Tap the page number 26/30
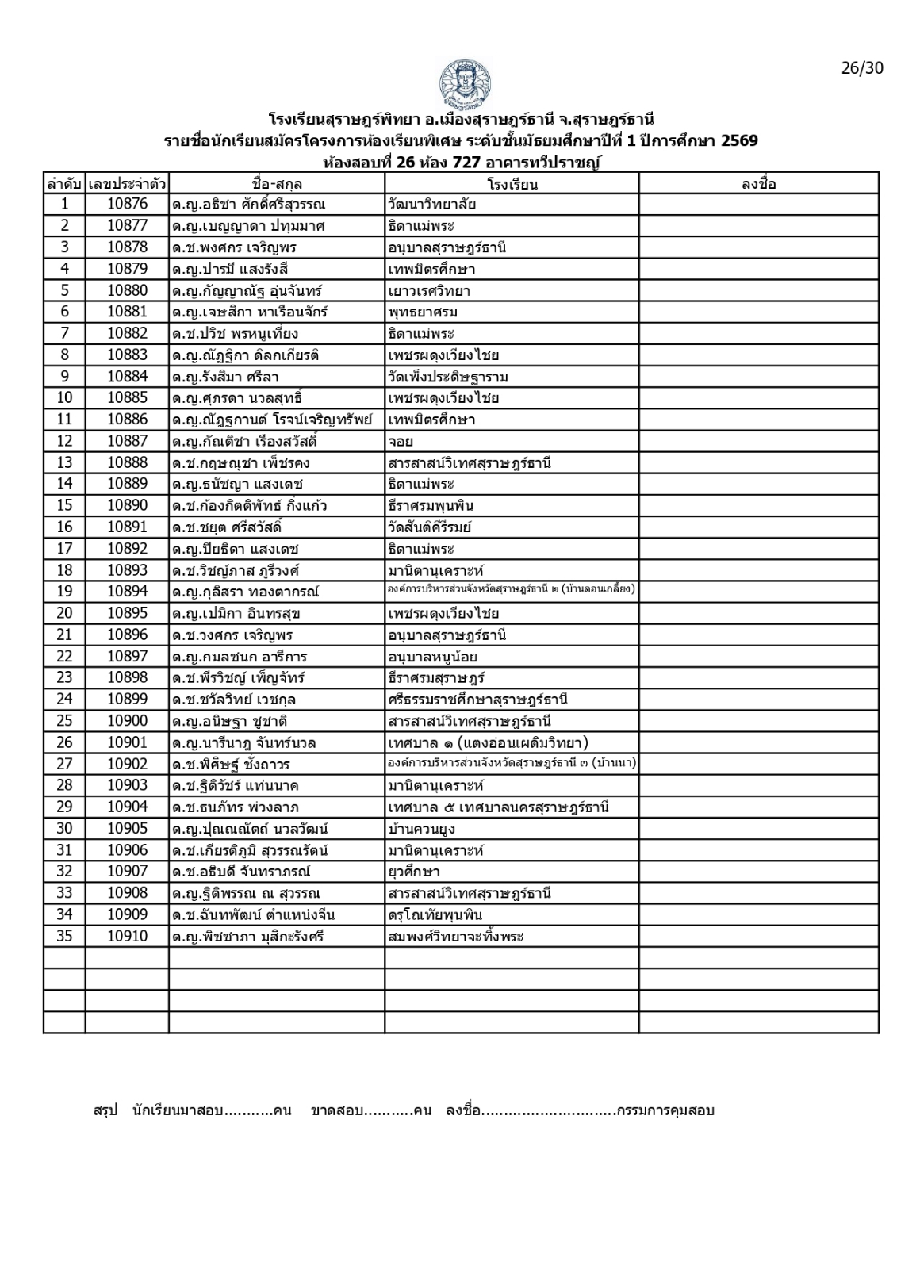click(861, 67)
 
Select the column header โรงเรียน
click(512, 184)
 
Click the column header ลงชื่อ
click(758, 184)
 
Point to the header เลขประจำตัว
click(127, 184)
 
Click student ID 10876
click(127, 205)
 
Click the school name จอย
click(401, 442)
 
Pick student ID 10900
click(127, 721)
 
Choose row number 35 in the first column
click(64, 937)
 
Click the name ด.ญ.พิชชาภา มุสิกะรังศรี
click(247, 937)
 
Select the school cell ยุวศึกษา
click(414, 872)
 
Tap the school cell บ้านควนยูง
click(421, 829)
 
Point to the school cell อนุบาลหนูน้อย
click(432, 657)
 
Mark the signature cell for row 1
click(758, 205)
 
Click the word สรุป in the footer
click(105, 1110)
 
